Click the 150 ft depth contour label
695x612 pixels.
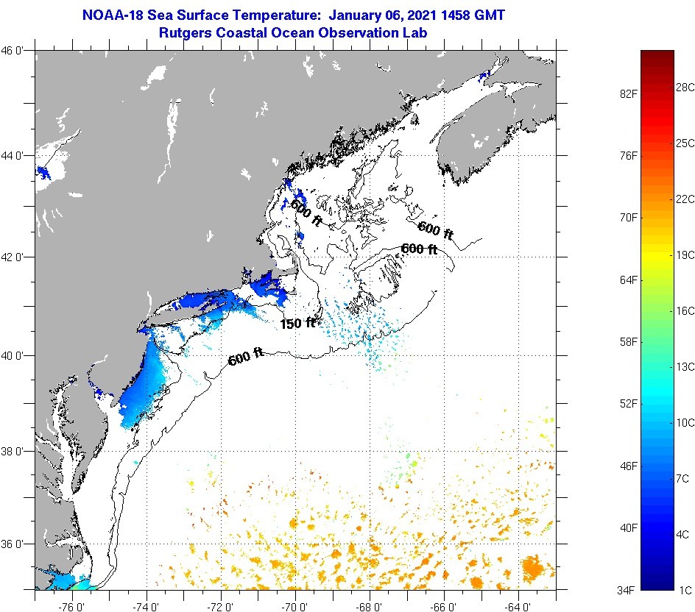(298, 323)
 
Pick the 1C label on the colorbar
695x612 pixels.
(684, 590)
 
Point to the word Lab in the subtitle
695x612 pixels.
(415, 32)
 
